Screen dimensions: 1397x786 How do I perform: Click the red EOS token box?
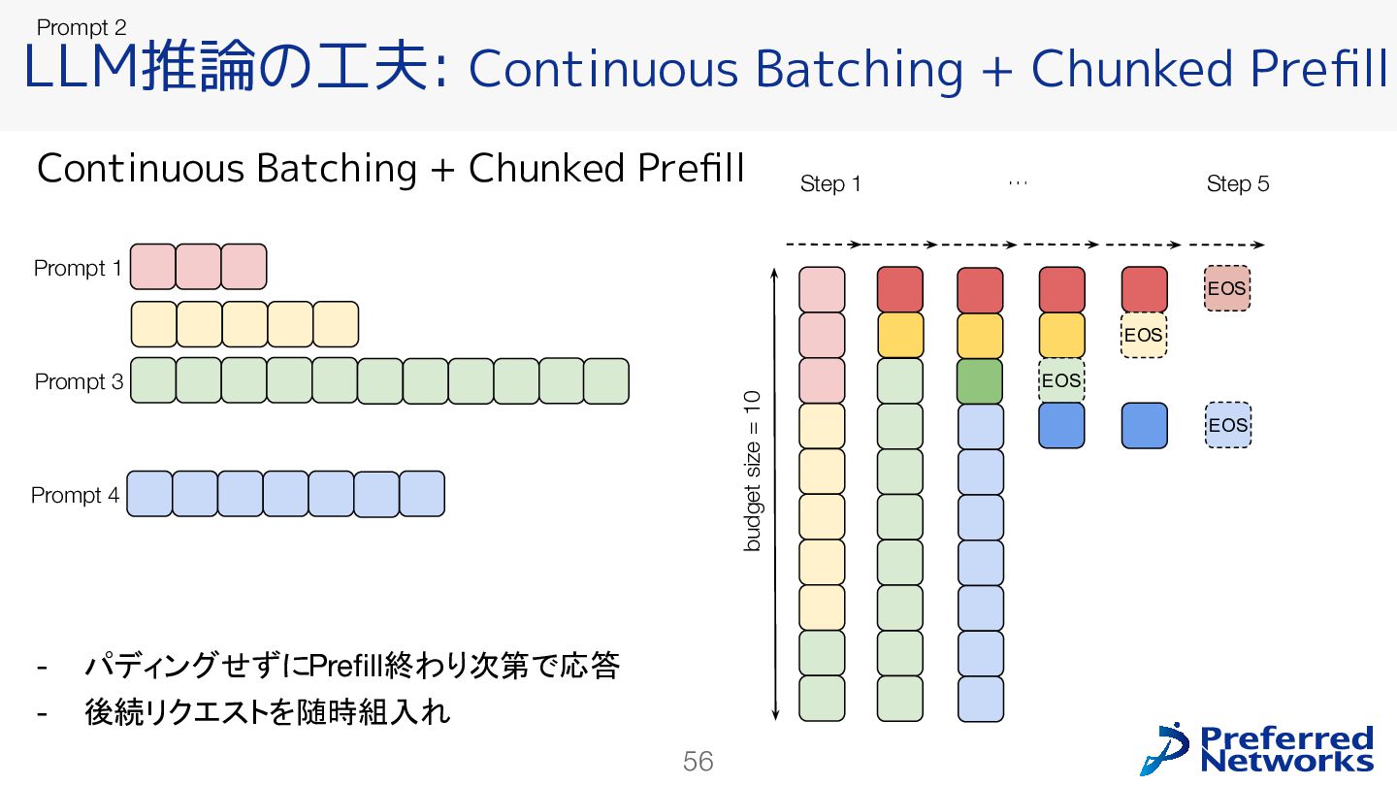tap(1227, 289)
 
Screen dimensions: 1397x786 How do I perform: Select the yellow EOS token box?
tap(1144, 335)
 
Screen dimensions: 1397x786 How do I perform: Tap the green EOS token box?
tap(1061, 380)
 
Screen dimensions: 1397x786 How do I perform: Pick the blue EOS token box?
tap(1227, 425)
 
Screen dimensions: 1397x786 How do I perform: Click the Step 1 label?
tap(830, 184)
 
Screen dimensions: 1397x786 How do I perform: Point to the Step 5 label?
tap(1237, 184)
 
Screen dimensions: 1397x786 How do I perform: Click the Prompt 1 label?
tap(78, 268)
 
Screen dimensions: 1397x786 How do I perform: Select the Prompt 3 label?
tap(79, 382)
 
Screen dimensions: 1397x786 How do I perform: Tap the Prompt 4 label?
tap(75, 496)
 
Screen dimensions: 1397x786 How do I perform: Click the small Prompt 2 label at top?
tap(81, 29)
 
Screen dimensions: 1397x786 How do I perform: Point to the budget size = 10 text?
tap(753, 470)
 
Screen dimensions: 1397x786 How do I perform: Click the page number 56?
tap(698, 762)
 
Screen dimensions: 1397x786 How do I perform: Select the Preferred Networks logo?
tap(1258, 749)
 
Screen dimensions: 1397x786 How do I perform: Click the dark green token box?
tap(979, 380)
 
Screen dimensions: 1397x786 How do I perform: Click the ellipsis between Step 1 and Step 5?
tap(1017, 182)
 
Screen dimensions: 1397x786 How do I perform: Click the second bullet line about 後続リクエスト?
tap(268, 714)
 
